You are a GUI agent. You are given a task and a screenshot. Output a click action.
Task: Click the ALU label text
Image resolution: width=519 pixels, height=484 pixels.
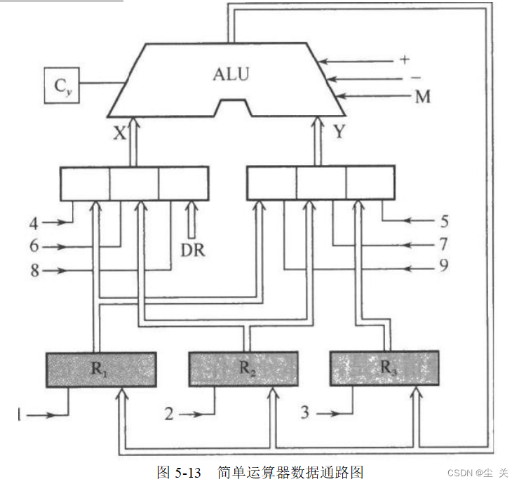tap(231, 74)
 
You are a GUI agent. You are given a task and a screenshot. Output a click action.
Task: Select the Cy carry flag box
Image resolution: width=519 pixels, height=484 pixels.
tap(62, 85)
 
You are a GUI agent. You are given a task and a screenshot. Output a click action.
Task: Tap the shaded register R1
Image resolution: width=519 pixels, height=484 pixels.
tap(100, 369)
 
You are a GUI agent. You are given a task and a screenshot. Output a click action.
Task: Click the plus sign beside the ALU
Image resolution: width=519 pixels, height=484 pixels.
tap(404, 60)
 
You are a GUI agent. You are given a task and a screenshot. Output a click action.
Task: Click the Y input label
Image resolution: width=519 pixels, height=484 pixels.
tap(339, 132)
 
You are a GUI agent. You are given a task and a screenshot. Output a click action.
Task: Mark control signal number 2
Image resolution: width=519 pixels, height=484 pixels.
tap(169, 414)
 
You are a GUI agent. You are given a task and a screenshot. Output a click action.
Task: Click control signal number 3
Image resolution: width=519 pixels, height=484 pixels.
tap(305, 412)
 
